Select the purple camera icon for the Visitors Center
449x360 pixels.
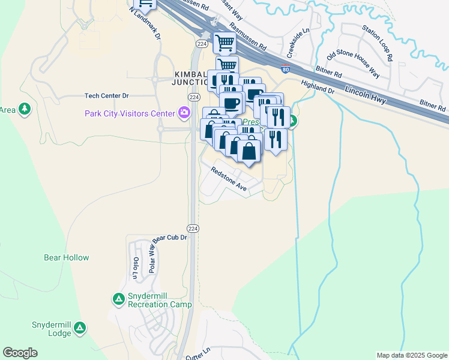[184, 112]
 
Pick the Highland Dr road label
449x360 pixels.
[318, 87]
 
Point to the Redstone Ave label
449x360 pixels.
[229, 179]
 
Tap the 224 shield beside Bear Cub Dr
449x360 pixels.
[193, 229]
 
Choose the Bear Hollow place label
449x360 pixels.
[67, 257]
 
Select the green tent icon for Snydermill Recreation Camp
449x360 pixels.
[118, 298]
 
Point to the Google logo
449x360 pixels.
[20, 353]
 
